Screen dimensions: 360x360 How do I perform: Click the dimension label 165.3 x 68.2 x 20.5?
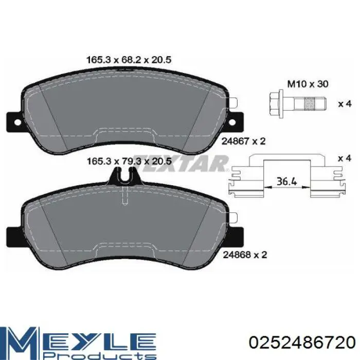128,60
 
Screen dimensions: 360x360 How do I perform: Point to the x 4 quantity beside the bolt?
344,104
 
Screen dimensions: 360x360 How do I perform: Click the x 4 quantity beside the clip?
344,159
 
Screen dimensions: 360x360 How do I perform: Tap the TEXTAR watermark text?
180,164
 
